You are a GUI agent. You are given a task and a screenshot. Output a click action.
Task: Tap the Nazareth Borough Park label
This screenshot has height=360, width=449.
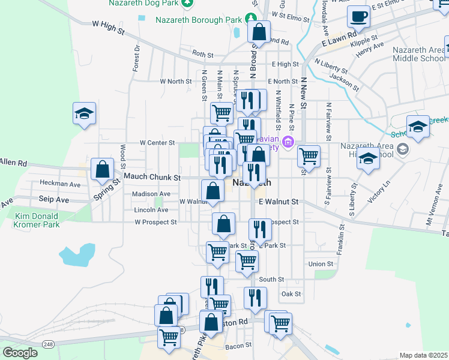(197, 19)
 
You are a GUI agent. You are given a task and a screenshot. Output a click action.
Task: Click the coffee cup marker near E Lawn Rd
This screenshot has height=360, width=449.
(359, 17)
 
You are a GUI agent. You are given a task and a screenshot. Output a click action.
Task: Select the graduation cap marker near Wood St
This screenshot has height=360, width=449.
(85, 113)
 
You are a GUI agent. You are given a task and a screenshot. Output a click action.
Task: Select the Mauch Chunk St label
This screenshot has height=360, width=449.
(152, 178)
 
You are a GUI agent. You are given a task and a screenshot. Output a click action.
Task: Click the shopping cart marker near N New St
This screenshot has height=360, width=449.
(309, 155)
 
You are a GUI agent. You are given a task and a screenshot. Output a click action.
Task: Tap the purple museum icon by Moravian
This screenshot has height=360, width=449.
(288, 142)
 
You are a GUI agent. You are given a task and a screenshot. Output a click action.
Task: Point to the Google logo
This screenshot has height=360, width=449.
(20, 353)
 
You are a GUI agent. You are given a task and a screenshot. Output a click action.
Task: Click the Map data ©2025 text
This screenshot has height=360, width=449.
(423, 355)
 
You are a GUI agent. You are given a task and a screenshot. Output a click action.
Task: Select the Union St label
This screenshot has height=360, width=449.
(321, 264)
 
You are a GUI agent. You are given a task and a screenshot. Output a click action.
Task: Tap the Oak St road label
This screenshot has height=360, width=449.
(291, 294)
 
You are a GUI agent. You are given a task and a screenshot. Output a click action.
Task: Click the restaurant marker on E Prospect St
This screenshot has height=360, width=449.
(260, 229)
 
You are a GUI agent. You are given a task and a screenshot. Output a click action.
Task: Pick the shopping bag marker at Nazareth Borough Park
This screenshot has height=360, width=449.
(259, 31)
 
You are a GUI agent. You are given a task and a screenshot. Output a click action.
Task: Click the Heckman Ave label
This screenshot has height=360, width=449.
(59, 183)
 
